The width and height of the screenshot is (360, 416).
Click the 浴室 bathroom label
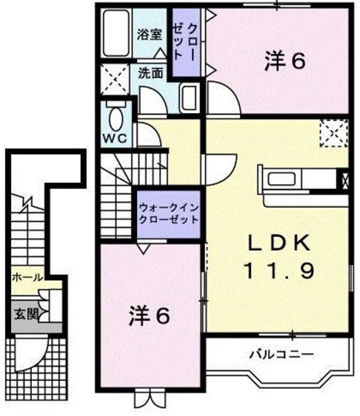click(149, 35)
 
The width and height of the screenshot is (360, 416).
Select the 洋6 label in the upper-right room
click(285, 62)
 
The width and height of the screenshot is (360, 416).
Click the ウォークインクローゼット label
click(168, 214)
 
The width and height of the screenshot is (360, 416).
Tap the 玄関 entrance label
click(26, 313)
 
